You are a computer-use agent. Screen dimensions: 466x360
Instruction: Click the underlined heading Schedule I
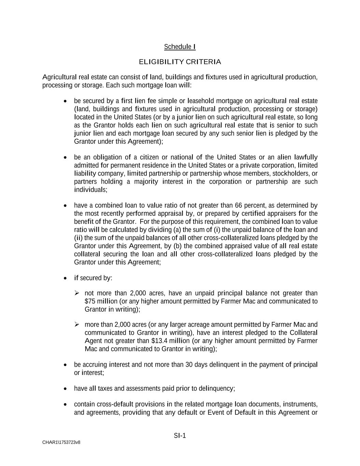coord(180,47)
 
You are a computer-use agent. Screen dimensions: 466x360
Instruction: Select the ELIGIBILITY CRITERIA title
coord(180,62)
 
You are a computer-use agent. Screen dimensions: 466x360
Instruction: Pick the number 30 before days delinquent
coord(189,365)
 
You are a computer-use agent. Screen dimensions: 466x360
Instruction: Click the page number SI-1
coord(180,436)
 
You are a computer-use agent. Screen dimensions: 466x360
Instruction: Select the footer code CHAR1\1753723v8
coord(61,442)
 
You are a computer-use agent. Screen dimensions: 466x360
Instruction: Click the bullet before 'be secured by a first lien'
coord(66,101)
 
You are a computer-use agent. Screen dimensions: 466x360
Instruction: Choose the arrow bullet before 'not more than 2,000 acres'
coord(77,293)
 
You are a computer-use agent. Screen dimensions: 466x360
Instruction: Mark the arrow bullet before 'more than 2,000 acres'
coord(77,325)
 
